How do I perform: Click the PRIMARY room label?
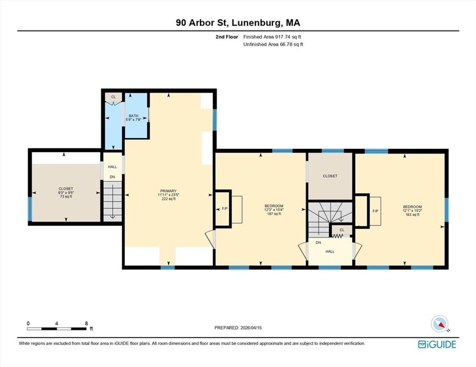point(168,191)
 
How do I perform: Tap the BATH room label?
point(133,116)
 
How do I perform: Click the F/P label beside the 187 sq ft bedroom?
point(225,209)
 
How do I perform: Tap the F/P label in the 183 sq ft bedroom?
point(376,211)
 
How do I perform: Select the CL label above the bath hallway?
point(113,97)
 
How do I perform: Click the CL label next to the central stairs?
point(342,230)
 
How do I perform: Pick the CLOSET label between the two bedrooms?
point(330,176)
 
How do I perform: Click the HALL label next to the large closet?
point(112,167)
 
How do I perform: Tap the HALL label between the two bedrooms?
point(330,251)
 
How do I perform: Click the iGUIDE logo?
point(437,344)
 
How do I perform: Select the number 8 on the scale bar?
point(86,323)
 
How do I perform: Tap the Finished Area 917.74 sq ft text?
point(272,37)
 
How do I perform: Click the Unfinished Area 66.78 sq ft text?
point(273,45)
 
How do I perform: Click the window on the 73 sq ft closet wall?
point(30,209)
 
